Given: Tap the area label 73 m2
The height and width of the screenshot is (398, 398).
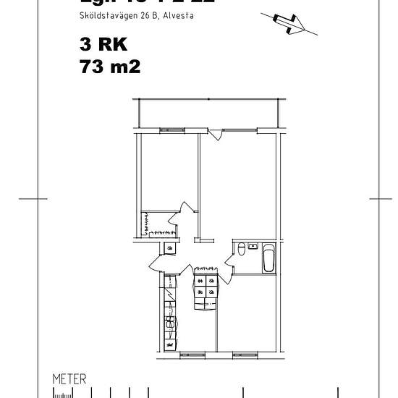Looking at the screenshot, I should click(x=110, y=67).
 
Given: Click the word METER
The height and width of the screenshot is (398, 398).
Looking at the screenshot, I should click(x=69, y=378).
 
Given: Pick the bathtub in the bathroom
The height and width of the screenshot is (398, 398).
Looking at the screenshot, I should click(x=268, y=259).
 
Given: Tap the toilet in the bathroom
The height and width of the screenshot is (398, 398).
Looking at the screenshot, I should click(x=240, y=250).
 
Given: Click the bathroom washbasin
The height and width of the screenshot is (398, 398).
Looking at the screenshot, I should click(x=253, y=247).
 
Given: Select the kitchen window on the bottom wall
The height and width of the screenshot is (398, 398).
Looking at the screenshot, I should click(x=192, y=354).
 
